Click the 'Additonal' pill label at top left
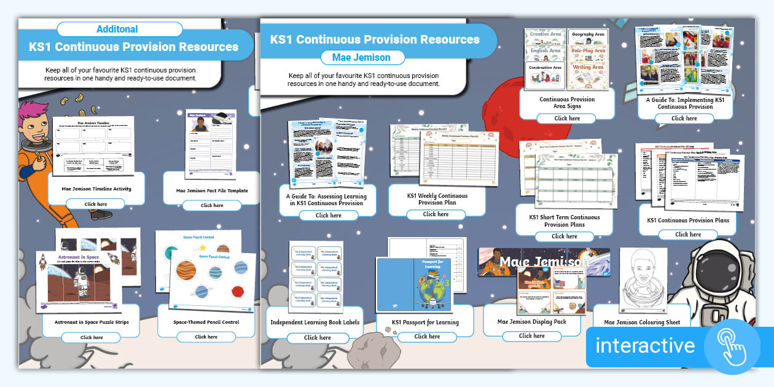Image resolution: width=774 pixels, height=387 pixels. click(117, 29)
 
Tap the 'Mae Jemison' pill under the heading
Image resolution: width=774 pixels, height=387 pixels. click(362, 57)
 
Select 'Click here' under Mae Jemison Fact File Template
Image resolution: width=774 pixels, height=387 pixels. click(211, 205)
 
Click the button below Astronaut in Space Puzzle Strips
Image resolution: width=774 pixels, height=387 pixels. click(92, 337)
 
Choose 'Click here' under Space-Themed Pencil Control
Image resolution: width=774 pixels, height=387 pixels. click(206, 337)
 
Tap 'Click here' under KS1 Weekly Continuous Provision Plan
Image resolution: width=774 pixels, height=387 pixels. click(436, 214)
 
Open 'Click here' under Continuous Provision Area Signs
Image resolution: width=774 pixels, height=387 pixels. click(566, 118)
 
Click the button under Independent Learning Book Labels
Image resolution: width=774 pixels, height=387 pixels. click(317, 337)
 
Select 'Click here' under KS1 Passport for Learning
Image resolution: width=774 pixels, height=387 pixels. click(427, 336)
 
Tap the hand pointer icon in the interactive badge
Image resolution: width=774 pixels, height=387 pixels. click(732, 346)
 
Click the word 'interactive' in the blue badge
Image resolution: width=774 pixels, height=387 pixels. click(644, 346)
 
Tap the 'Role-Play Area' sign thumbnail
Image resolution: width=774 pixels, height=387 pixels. click(588, 51)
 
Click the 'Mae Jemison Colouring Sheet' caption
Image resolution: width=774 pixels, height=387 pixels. click(641, 322)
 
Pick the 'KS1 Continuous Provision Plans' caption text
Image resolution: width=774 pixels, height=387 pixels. click(687, 220)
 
